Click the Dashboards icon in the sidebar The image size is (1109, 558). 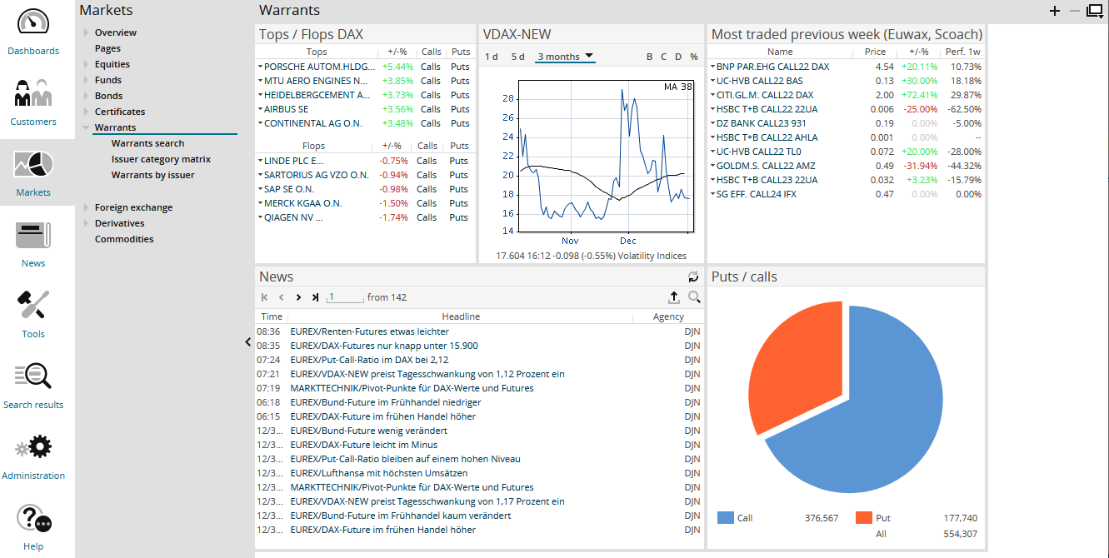33,22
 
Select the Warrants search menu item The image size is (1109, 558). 147,143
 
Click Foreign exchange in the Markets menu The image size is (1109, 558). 133,207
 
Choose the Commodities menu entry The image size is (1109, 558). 124,239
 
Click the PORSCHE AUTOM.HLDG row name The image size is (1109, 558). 317,67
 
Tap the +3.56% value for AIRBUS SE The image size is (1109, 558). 397,109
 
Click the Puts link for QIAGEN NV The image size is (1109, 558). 458,217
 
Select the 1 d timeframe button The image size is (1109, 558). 492,57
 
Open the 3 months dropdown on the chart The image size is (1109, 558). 565,57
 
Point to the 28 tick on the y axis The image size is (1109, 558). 508,98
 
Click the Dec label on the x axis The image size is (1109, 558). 627,241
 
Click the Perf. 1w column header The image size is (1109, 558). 962,52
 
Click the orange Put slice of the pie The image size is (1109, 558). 796,358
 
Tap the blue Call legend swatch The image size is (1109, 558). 725,518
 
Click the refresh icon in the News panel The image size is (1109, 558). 693,277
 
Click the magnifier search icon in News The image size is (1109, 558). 694,297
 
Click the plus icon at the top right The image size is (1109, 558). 1055,11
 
